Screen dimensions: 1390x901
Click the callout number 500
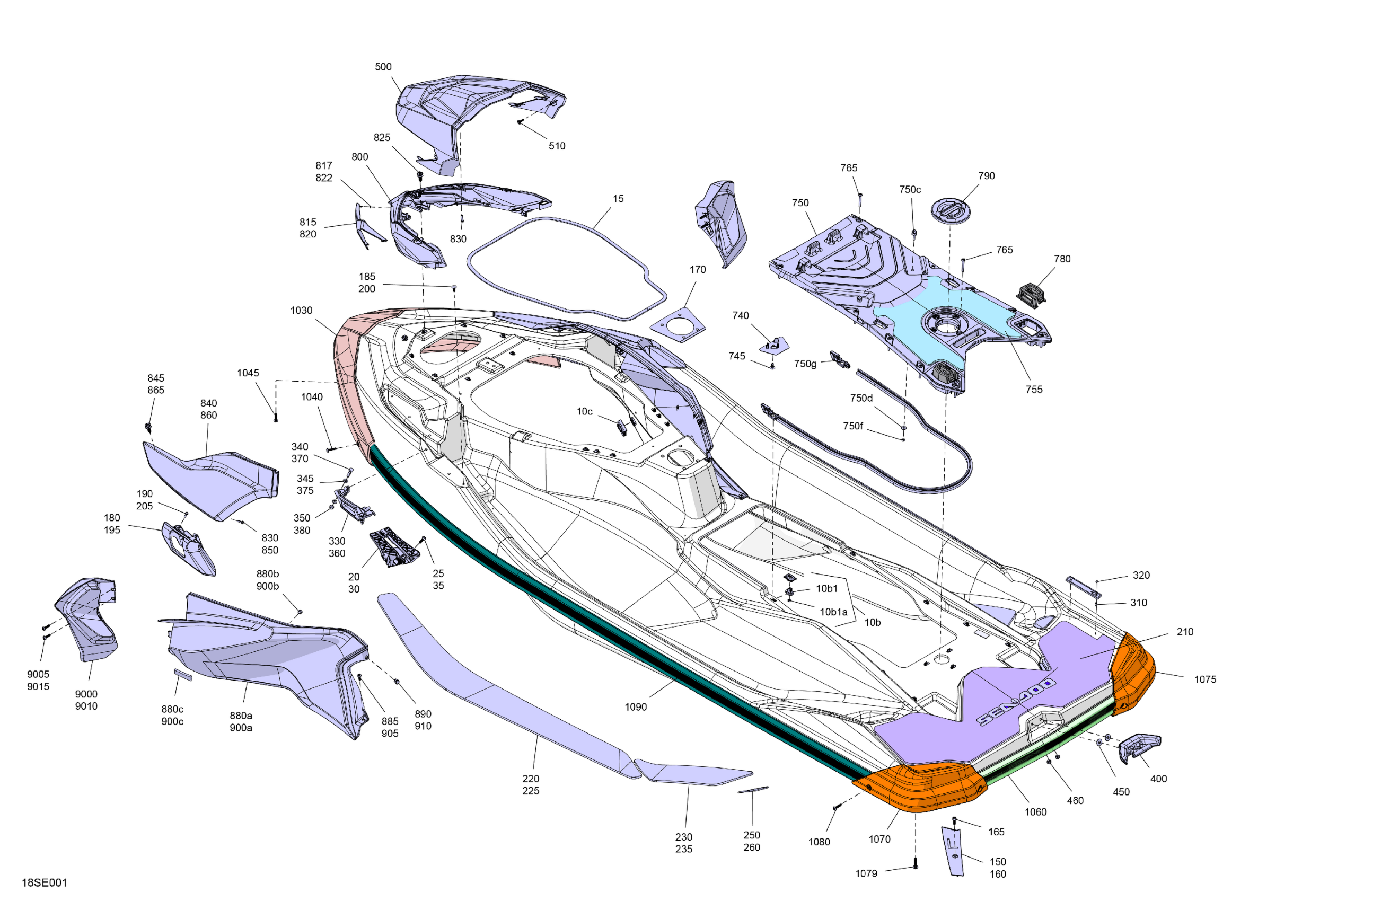(383, 67)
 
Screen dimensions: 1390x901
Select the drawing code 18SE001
(45, 883)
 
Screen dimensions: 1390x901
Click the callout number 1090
(636, 707)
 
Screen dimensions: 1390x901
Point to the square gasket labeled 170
(679, 325)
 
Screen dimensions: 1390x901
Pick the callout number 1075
(1206, 679)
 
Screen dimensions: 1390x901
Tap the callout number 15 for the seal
(619, 199)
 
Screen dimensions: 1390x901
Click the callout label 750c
(910, 190)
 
